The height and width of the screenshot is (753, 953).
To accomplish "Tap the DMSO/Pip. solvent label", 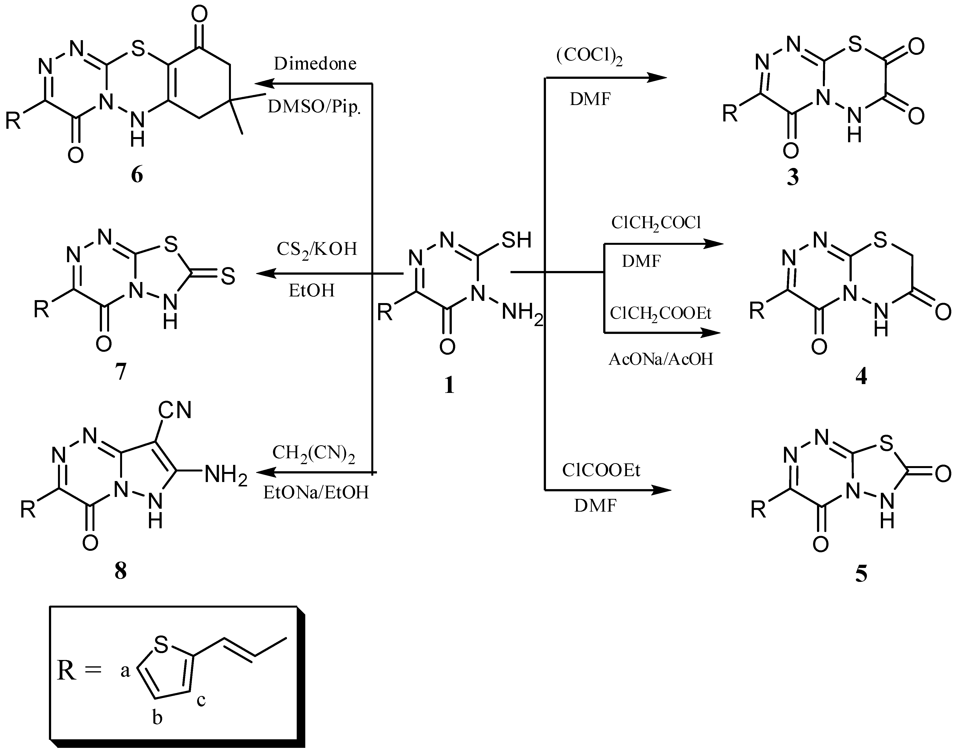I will (x=314, y=107).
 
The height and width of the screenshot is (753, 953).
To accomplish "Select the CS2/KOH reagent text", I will (x=316, y=249).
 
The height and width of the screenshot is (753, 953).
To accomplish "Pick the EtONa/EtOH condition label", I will (x=316, y=493).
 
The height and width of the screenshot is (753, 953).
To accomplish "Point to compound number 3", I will (x=792, y=178).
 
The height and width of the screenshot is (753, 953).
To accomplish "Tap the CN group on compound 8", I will (x=175, y=410).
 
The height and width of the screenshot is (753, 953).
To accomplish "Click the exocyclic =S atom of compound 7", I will (x=227, y=277).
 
